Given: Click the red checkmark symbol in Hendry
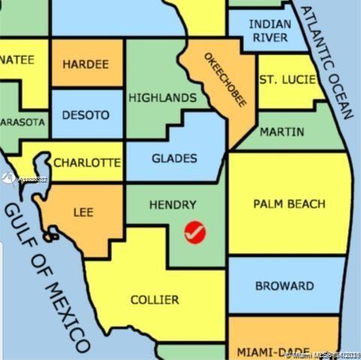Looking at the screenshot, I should pyautogui.click(x=195, y=232).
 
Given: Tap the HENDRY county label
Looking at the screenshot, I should pyautogui.click(x=172, y=204).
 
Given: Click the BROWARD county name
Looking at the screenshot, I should pyautogui.click(x=284, y=286).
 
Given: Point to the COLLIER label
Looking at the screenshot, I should pyautogui.click(x=155, y=300).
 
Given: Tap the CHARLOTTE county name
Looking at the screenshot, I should pyautogui.click(x=86, y=162).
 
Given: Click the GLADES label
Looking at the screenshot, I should pyautogui.click(x=174, y=159).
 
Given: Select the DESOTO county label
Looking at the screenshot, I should pyautogui.click(x=85, y=116).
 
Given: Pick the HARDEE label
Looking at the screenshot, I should pyautogui.click(x=85, y=64).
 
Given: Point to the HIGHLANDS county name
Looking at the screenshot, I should pyautogui.click(x=162, y=98).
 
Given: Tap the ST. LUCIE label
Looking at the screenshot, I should pyautogui.click(x=287, y=79).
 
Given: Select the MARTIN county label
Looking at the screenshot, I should pyautogui.click(x=282, y=132).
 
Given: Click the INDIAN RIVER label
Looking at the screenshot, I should pyautogui.click(x=269, y=31).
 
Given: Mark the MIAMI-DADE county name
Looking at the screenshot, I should pyautogui.click(x=263, y=352).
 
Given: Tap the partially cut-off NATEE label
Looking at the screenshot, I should pyautogui.click(x=17, y=60).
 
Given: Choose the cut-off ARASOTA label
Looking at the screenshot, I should pyautogui.click(x=23, y=122).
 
